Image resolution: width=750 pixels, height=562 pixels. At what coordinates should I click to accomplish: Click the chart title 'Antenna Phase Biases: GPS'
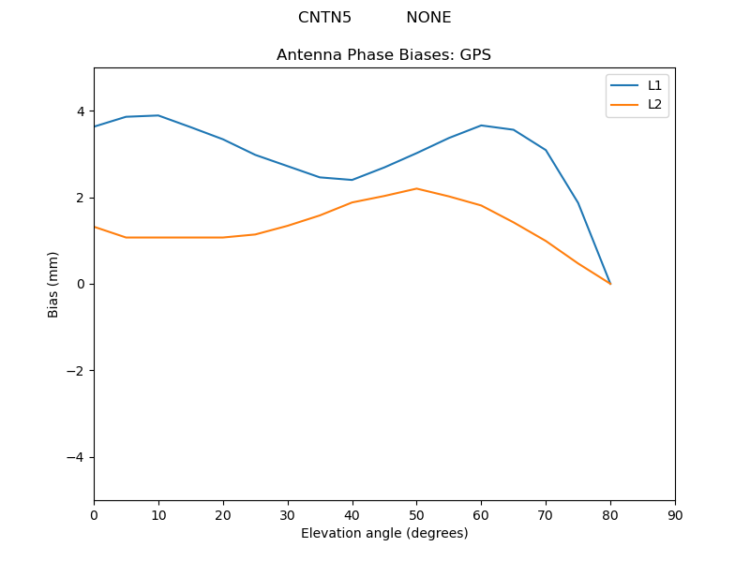383,55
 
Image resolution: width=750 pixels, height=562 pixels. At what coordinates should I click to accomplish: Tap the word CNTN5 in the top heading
324,18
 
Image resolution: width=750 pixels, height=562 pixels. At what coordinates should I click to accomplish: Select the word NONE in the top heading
428,18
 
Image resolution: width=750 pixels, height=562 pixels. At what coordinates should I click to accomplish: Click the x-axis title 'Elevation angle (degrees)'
383,533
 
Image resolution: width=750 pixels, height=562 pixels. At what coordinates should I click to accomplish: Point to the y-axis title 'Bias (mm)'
53,284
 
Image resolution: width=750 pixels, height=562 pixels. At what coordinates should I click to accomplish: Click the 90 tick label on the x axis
675,515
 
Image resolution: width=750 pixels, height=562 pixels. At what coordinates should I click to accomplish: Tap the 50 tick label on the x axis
416,515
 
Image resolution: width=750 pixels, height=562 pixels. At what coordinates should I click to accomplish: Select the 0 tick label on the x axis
94,515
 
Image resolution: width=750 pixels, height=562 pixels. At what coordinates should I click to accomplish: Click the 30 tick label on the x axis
288,515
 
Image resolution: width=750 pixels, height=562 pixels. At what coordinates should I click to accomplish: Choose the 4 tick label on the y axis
81,111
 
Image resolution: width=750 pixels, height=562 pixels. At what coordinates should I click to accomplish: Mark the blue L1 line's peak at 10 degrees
158,115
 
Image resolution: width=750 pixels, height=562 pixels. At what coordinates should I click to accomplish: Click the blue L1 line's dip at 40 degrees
352,180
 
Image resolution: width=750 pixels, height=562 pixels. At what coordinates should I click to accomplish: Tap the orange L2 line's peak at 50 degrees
416,188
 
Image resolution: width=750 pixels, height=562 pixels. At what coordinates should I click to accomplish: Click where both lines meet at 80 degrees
610,284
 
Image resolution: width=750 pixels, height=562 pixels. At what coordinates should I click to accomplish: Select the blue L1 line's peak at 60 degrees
481,126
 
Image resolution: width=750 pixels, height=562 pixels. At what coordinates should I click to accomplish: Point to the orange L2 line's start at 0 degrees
95,227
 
